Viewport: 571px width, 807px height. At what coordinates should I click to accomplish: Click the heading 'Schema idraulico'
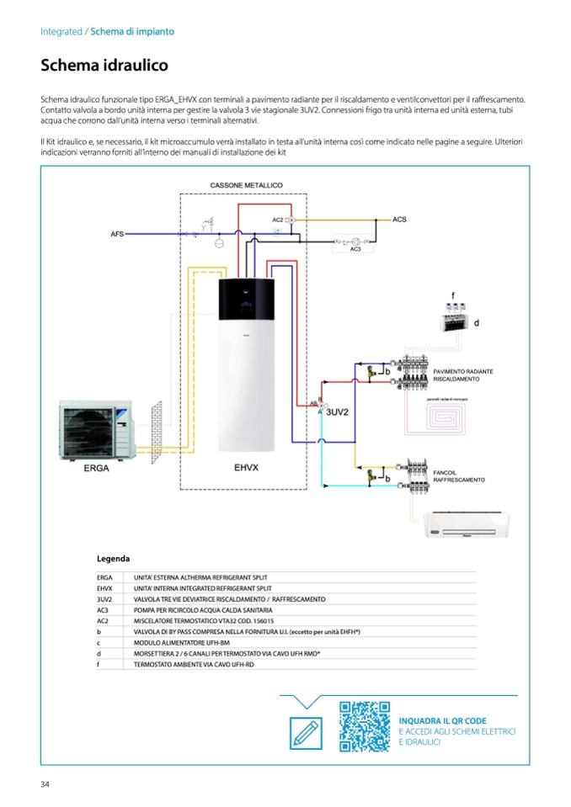coord(104,65)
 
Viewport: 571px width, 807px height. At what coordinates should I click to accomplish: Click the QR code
coord(366,726)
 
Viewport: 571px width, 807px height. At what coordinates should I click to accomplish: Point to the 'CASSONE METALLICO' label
coord(245,185)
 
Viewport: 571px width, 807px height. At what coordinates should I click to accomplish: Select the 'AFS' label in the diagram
coord(117,233)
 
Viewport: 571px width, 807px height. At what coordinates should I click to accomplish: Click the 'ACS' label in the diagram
coord(399,219)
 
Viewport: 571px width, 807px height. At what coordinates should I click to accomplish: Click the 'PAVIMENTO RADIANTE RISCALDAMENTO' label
coord(462,374)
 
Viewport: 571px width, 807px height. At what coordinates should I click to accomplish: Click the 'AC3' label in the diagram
coord(355,248)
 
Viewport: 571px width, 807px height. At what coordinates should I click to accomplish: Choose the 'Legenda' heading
coord(113,558)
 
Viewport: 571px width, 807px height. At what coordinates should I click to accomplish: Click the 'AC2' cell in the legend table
coord(104,619)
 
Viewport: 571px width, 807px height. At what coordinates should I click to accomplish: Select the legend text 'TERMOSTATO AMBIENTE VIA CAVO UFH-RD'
coord(187,665)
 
